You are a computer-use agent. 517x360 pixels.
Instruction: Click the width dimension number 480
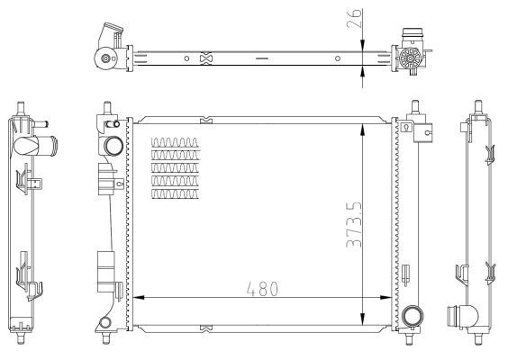pos(261,289)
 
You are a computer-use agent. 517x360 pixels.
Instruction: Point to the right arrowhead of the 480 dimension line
pos(390,298)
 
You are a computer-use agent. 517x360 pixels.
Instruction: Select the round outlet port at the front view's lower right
pos(413,316)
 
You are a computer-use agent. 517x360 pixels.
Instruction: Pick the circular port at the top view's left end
pos(108,60)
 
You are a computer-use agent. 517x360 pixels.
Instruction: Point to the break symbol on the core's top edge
pos(206,117)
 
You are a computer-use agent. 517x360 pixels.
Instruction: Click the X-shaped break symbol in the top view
pos(206,59)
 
